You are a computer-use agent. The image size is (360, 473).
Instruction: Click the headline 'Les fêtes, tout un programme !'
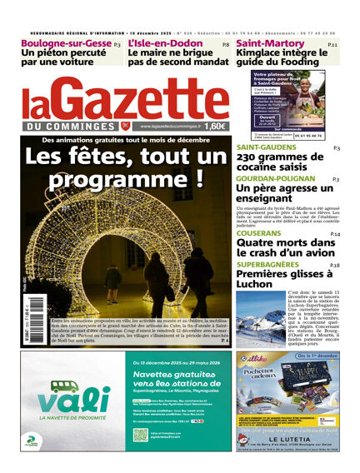pos(120,167)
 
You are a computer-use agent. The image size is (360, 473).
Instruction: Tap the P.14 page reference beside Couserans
pos(334,235)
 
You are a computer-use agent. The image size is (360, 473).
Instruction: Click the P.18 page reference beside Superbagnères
pos(334,265)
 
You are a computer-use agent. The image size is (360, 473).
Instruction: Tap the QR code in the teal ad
pos(140,434)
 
